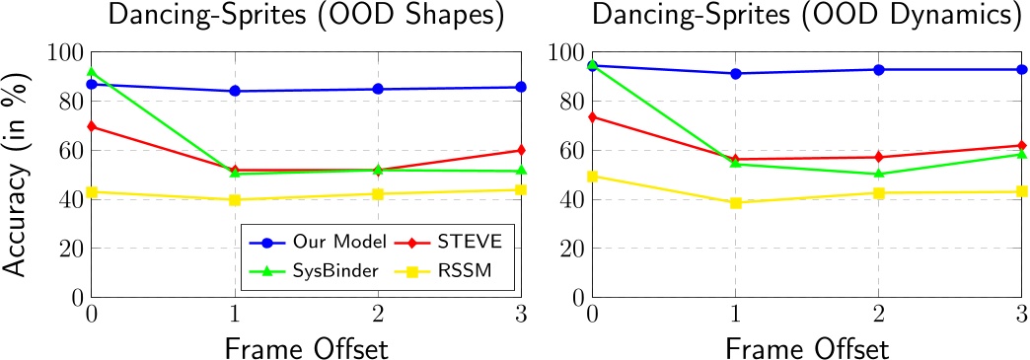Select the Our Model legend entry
(x=297, y=241)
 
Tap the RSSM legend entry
(x=438, y=271)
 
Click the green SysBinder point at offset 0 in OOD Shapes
(x=92, y=72)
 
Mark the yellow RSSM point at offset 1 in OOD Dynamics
(x=734, y=202)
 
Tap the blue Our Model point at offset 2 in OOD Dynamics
(x=877, y=69)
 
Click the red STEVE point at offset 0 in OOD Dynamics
(x=591, y=116)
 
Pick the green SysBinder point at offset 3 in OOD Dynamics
(x=1020, y=154)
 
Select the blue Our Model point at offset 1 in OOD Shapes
(x=235, y=91)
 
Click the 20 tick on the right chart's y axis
(x=571, y=249)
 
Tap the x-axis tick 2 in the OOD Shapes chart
(x=378, y=314)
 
